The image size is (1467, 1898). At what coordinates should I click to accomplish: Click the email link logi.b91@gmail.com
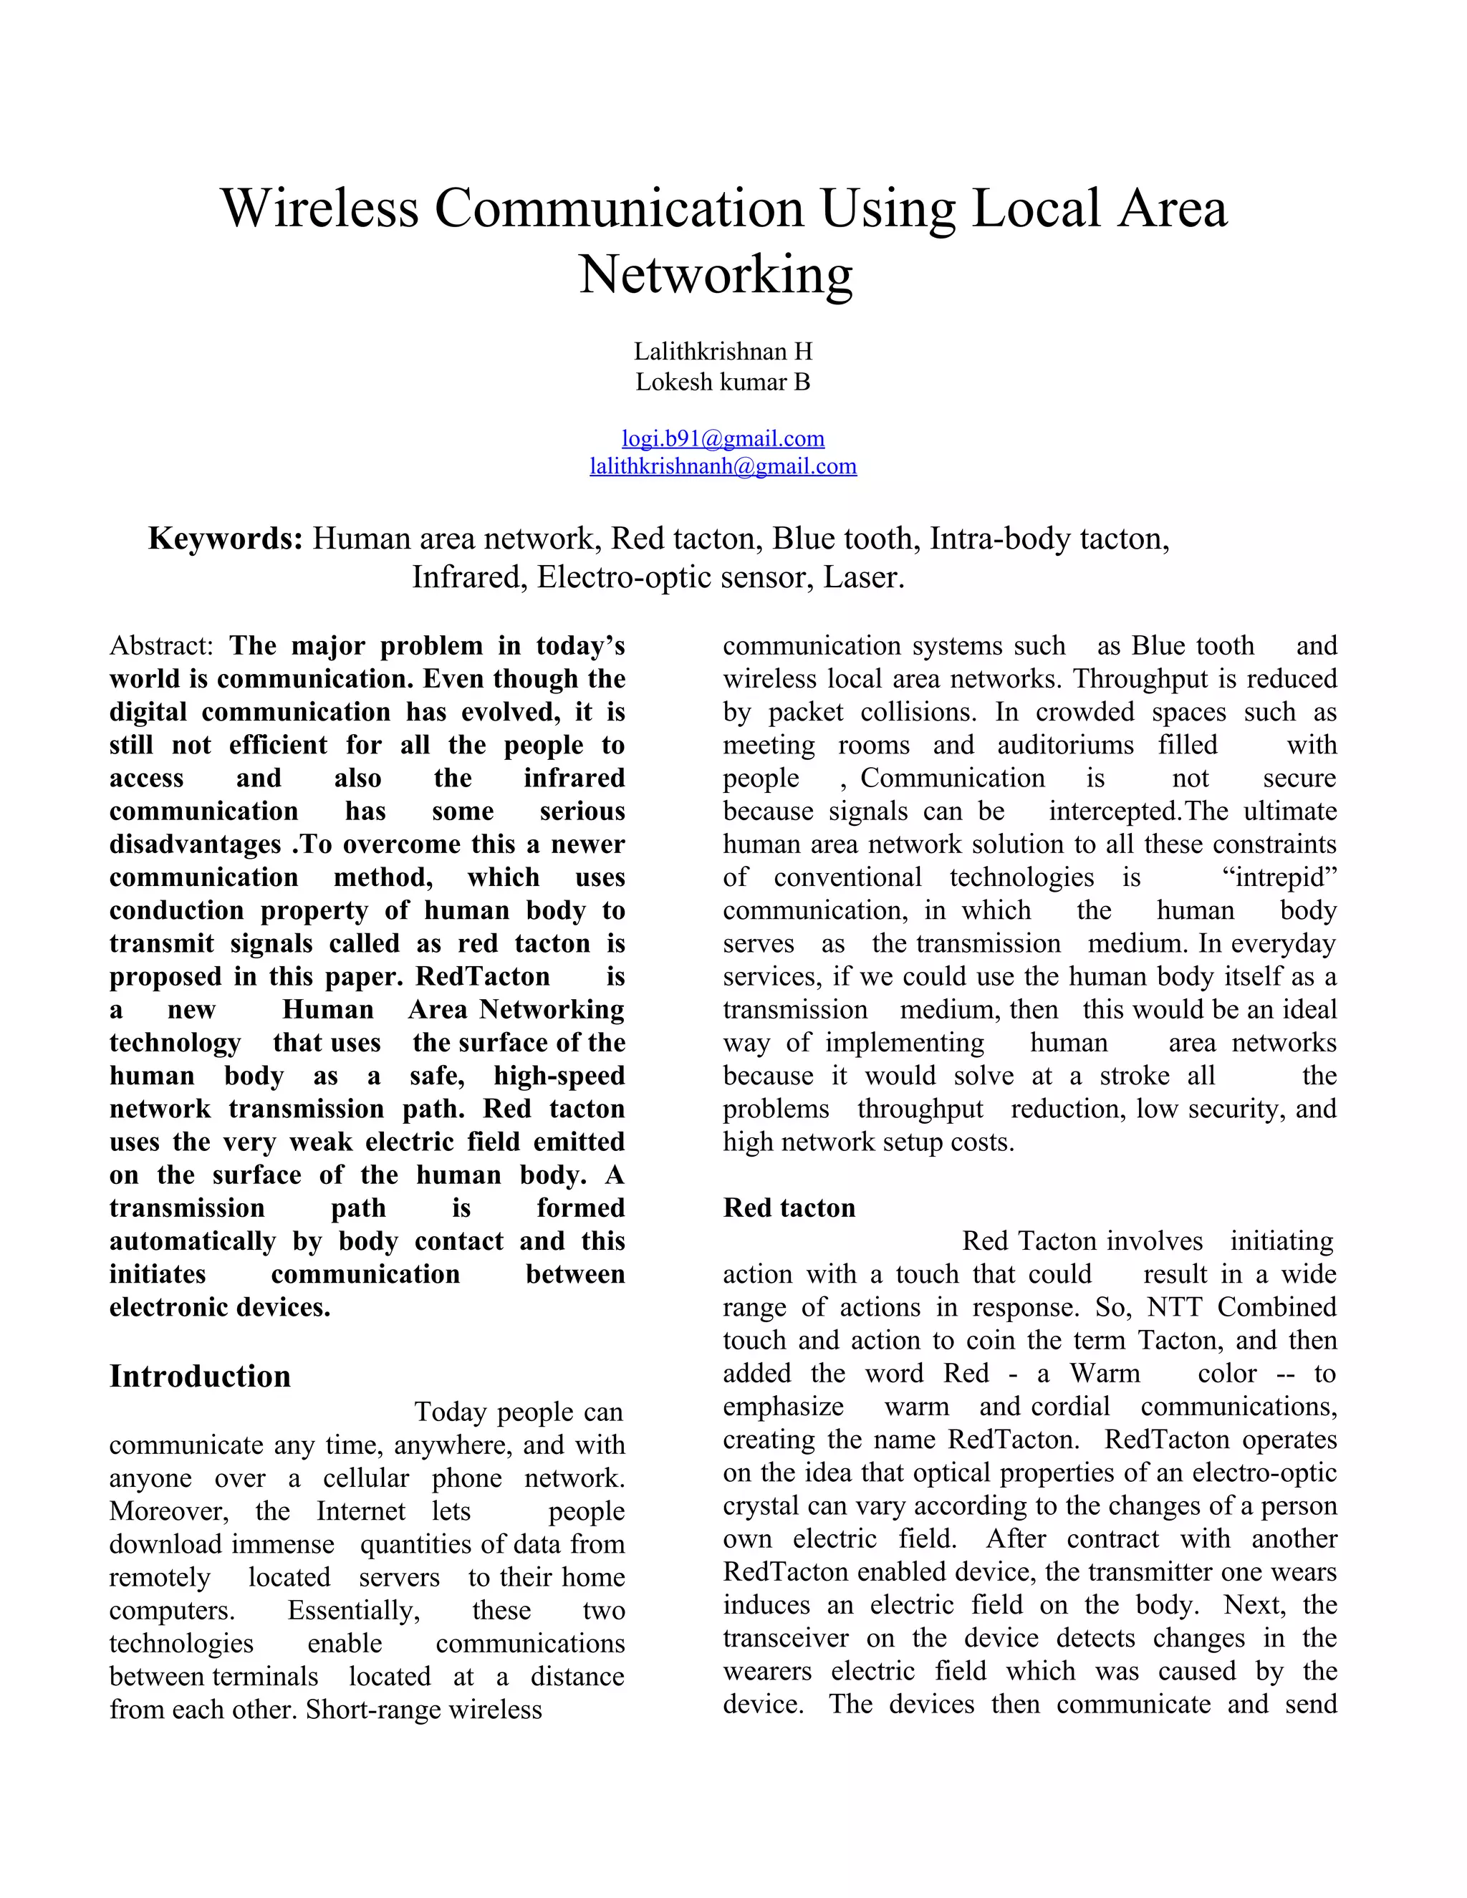pyautogui.click(x=723, y=439)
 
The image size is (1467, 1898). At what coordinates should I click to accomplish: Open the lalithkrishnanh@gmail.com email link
pyautogui.click(x=723, y=467)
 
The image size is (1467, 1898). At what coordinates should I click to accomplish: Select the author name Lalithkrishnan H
pyautogui.click(x=723, y=351)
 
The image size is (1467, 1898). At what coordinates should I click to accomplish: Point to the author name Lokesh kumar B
pyautogui.click(x=723, y=382)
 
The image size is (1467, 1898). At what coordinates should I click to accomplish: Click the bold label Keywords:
pyautogui.click(x=225, y=539)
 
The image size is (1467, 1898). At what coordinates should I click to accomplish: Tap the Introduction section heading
pyautogui.click(x=200, y=1377)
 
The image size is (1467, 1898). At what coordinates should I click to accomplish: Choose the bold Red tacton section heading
pyautogui.click(x=789, y=1208)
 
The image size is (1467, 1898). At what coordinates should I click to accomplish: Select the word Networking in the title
pyautogui.click(x=716, y=274)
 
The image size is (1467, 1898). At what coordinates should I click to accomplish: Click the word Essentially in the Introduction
pyautogui.click(x=354, y=1610)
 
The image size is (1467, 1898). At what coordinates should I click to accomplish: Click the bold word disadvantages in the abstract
pyautogui.click(x=195, y=844)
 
